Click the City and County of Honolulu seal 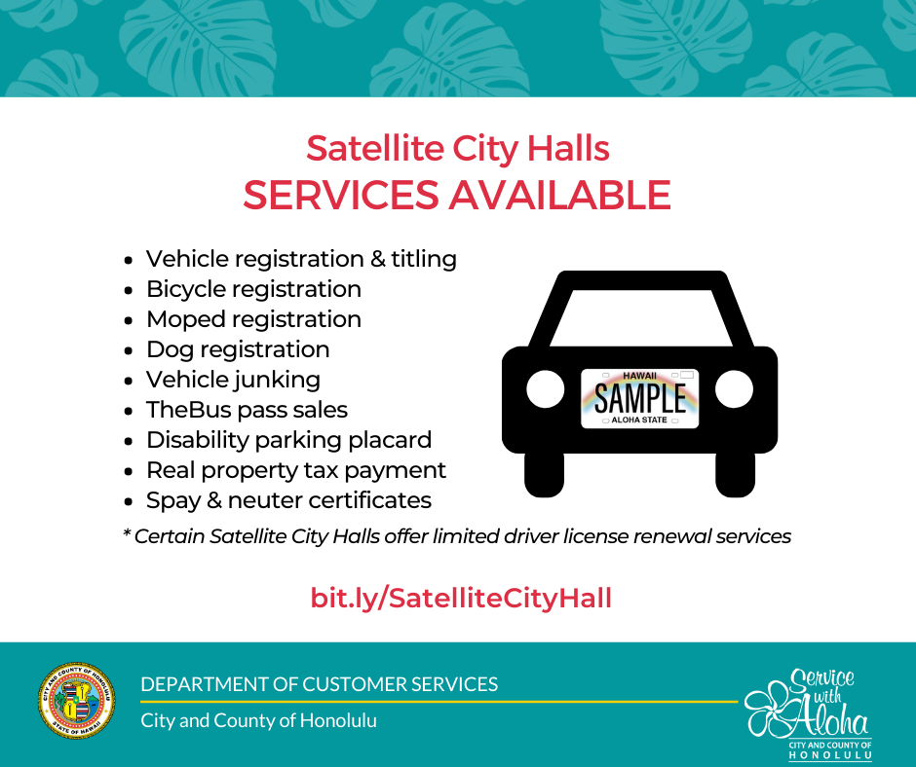click(77, 701)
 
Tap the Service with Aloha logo click(809, 713)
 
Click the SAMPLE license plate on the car click(639, 399)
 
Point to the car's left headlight click(545, 389)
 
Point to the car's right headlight click(735, 389)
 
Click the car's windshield click(641, 318)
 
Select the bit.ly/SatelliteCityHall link click(461, 599)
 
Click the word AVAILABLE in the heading click(559, 195)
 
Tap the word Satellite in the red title click(375, 148)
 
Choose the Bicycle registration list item click(253, 289)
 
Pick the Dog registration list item click(238, 349)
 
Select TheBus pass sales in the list click(247, 410)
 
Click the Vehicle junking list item click(233, 380)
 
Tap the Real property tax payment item click(295, 470)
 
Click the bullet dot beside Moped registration click(129, 320)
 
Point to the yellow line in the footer click(439, 702)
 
